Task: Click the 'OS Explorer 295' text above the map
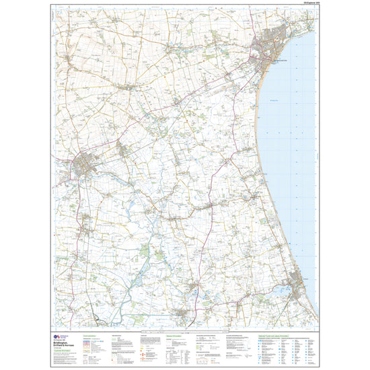click(306, 5)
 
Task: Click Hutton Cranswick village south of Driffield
click(86, 218)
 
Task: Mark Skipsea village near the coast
click(250, 196)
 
